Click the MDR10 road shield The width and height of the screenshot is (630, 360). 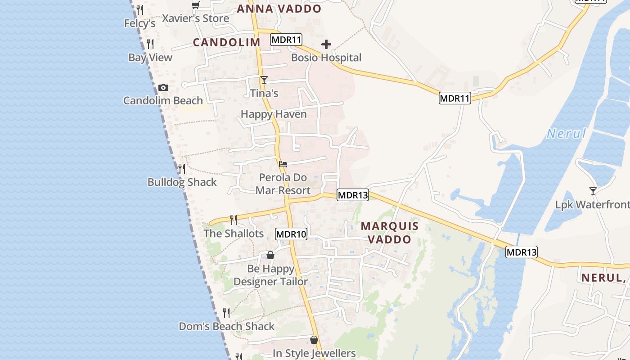point(291,234)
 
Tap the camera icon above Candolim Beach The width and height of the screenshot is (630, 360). point(163,88)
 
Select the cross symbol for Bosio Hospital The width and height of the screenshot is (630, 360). point(326,44)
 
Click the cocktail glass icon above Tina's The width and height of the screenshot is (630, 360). point(264,80)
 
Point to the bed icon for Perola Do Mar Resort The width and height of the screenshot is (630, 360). point(283,164)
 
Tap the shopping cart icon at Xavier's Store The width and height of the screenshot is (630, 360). point(195,5)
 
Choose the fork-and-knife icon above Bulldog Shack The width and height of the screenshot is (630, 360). point(182,169)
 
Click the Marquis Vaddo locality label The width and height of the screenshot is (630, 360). point(390,233)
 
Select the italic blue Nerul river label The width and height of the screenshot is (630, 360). point(566,133)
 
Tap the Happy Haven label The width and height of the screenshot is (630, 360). point(274,114)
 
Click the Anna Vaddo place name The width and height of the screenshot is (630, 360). point(279,9)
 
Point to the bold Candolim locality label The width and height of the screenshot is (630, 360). point(227,42)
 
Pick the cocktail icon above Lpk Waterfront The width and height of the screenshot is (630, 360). point(593,191)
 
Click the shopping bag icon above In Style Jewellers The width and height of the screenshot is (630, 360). point(314,340)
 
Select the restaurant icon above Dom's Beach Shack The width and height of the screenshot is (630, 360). point(226,313)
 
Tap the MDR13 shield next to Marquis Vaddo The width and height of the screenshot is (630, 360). point(353,195)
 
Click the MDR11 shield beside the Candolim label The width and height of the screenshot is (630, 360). point(286,40)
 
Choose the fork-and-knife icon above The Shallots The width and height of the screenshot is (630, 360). point(234,220)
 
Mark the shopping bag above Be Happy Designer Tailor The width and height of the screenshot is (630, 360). point(270,256)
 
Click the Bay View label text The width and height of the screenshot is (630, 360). point(150,58)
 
